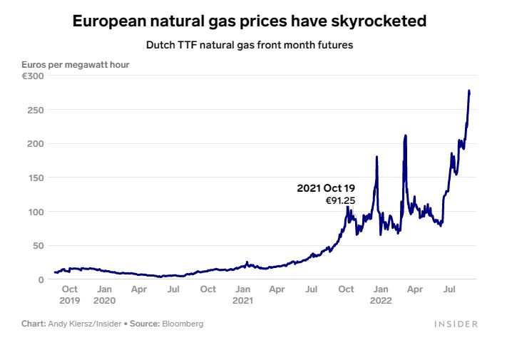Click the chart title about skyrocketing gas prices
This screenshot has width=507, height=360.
250,21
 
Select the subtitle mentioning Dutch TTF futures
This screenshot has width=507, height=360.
250,45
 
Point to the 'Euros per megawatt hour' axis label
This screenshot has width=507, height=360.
75,65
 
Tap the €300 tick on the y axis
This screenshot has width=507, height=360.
33,76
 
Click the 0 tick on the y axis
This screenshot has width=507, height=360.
41,279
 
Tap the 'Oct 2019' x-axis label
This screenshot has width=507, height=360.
70,294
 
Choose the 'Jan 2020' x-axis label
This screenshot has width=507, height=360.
104,294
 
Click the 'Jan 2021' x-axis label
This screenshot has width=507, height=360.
243,294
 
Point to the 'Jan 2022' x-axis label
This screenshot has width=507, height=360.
381,294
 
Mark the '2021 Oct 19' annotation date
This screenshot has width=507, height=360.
326,188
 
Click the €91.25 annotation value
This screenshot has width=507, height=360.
340,201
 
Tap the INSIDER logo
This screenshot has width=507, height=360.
456,324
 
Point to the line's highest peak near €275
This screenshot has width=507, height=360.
469,91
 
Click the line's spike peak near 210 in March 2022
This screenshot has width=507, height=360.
405,135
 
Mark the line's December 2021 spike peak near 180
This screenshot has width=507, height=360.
377,157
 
